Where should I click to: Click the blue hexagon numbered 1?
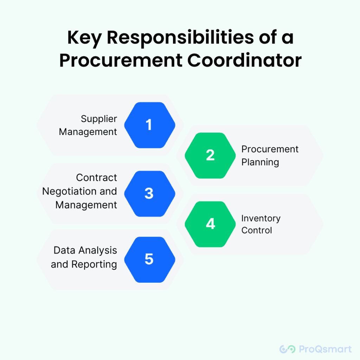150,125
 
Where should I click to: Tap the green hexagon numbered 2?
210,155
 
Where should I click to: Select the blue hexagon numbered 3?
150,194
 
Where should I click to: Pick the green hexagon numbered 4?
210,224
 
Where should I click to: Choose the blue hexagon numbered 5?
150,260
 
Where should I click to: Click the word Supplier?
99,119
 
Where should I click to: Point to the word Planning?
260,162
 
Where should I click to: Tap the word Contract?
96,178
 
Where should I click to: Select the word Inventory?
261,218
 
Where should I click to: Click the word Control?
257,230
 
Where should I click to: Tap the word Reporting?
94,264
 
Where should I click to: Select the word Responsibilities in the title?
180,37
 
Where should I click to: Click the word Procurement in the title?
121,60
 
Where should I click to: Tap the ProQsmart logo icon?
288,349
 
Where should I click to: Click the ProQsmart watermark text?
325,349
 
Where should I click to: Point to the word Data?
65,250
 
